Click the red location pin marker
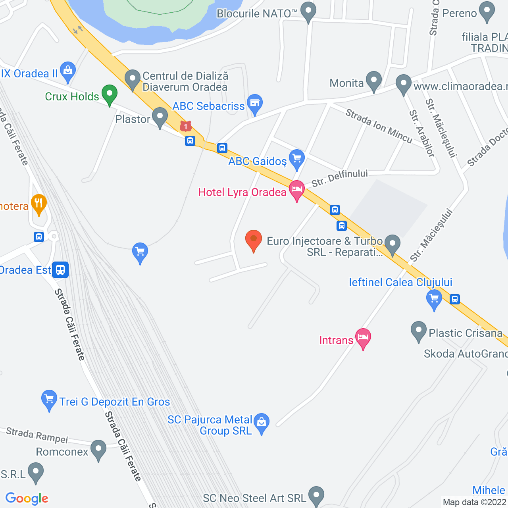point(254,240)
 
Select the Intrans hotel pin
point(363,338)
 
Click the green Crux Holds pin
point(109,94)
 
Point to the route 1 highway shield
point(185,127)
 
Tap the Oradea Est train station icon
point(60,270)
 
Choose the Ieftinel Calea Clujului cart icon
point(434,298)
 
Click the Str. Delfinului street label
point(339,177)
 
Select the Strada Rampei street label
point(37,435)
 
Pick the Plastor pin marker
point(160,117)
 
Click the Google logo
point(27,498)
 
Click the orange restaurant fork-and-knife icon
point(38,204)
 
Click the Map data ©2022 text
point(475,502)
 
